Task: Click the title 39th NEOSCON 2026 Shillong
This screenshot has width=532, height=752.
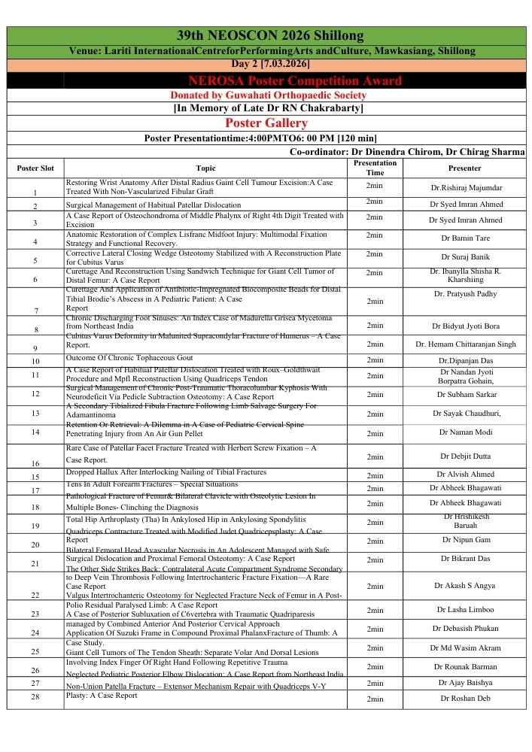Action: [269, 36]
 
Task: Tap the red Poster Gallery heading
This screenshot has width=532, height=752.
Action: [266, 123]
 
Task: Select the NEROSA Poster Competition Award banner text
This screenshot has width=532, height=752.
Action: [296, 80]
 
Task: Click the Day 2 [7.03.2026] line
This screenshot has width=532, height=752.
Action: [269, 65]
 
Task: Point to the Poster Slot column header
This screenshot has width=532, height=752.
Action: [35, 168]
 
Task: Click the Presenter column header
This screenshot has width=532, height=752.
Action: [464, 168]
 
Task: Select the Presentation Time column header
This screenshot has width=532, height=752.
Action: [374, 168]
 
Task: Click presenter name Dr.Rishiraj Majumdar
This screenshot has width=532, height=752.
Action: [466, 187]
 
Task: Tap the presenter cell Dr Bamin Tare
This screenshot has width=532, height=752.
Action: [465, 238]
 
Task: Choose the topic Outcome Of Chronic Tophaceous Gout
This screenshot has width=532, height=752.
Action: [129, 358]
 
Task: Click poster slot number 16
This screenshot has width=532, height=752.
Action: [35, 464]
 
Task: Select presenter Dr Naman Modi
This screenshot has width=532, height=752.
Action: [465, 432]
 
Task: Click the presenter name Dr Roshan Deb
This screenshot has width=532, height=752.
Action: [465, 699]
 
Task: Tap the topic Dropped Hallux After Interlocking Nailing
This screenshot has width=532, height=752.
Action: [166, 472]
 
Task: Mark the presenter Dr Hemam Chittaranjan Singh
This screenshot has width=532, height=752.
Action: [465, 344]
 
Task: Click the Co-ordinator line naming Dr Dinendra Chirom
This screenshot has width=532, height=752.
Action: [406, 152]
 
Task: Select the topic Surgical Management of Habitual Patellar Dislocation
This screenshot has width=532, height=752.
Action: [154, 205]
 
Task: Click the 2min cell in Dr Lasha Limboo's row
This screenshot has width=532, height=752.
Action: [374, 610]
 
